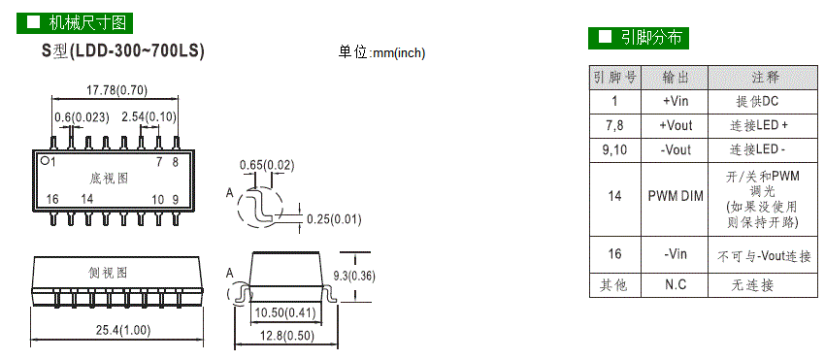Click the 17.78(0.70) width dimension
(116, 90)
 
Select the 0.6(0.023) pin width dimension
(82, 116)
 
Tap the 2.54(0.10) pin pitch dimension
(148, 116)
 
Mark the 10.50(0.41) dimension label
(285, 313)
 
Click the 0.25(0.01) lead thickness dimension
(334, 219)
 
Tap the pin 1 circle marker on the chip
(45, 161)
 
